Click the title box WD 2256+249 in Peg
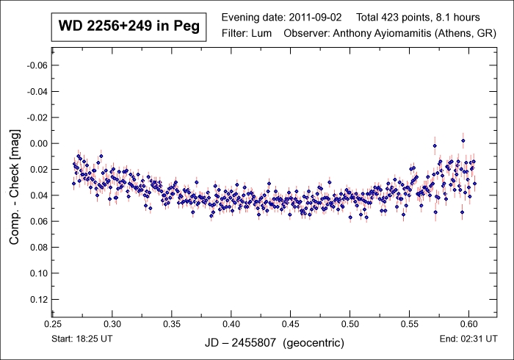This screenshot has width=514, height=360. tap(128, 26)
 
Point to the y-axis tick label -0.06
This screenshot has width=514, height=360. tap(37, 65)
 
